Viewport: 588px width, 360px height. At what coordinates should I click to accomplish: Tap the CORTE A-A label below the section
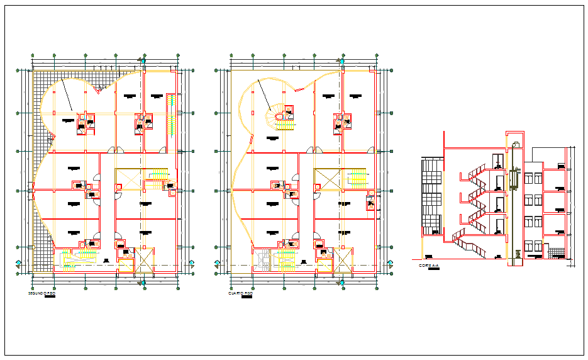click(x=428, y=266)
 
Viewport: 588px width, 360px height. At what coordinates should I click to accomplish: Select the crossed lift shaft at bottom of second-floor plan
click(x=145, y=259)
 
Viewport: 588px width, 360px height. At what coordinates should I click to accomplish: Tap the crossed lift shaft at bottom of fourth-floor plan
click(x=343, y=259)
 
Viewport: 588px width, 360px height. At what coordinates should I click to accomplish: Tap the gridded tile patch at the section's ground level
click(x=556, y=253)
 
